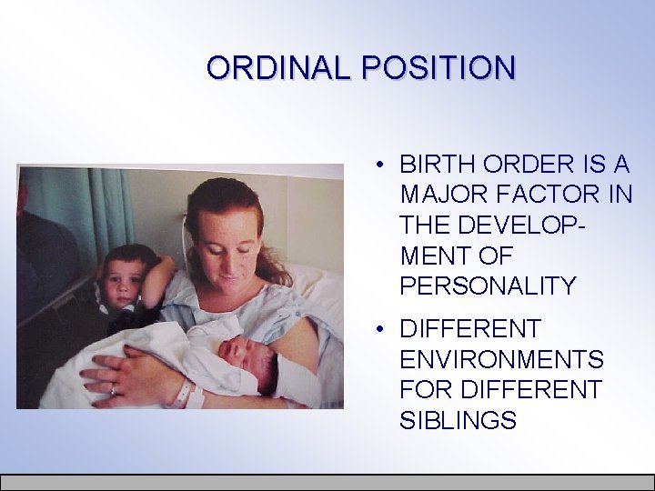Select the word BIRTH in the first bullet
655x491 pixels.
433,165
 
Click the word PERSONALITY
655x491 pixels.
488,286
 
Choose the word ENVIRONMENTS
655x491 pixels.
501,359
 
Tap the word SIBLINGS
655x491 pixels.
458,420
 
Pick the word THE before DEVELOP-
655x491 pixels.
426,225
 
